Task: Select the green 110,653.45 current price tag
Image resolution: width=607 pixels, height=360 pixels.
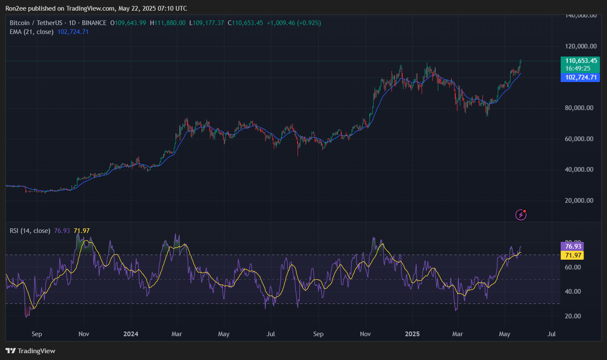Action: [x=581, y=61]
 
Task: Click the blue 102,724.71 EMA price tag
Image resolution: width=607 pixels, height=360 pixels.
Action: [x=581, y=77]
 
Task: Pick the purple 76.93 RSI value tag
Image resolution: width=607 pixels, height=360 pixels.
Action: [x=573, y=247]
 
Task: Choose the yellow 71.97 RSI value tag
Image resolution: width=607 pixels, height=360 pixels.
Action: [x=573, y=255]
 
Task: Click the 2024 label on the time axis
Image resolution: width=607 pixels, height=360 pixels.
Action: [x=130, y=334]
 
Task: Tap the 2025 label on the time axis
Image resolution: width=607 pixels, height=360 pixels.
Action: [x=412, y=334]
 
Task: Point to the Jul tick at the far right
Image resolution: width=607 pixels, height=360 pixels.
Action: [x=552, y=334]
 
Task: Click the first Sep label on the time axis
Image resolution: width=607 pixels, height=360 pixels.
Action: [x=37, y=334]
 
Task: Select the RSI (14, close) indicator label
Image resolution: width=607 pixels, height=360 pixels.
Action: [x=30, y=231]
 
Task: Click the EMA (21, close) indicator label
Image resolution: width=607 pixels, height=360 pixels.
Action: [x=32, y=32]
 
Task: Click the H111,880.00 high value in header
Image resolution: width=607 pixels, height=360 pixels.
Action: [x=168, y=23]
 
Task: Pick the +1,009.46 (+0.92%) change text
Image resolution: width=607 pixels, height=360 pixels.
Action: [x=294, y=23]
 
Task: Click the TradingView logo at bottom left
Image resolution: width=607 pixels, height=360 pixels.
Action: [x=30, y=351]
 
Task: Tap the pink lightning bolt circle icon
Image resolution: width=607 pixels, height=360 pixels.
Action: [x=521, y=215]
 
